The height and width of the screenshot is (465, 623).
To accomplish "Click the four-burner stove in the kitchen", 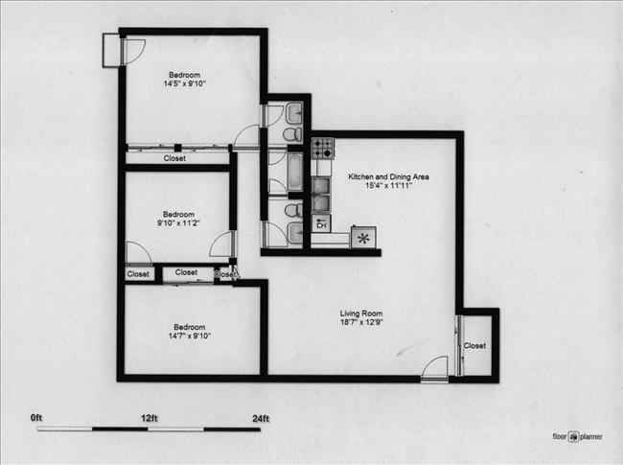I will coord(323,148).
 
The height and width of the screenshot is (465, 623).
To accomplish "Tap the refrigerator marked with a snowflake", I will coord(363,237).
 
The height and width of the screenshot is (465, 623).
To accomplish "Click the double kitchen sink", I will coord(322,193).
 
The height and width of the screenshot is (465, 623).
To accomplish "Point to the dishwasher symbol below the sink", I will coord(321,224).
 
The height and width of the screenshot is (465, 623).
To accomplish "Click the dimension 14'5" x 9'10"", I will coord(185,84).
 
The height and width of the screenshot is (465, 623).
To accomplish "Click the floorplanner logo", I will coord(577,436).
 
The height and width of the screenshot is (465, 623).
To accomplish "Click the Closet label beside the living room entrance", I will coord(474,346).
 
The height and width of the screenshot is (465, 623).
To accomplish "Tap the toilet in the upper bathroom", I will coord(292,135).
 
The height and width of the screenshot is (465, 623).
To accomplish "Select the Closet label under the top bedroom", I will coord(174,158).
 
